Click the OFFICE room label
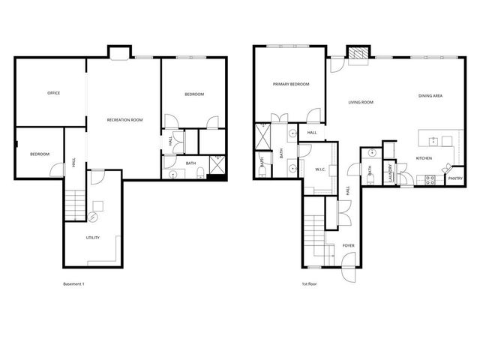(x=53, y=93)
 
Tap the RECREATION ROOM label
(x=124, y=120)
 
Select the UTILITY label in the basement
(x=93, y=238)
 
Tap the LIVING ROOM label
(x=361, y=102)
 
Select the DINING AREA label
(x=430, y=96)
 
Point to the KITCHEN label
(x=424, y=158)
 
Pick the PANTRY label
(x=454, y=178)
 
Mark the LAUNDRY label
(x=390, y=172)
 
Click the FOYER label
(x=348, y=245)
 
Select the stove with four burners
(x=430, y=179)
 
